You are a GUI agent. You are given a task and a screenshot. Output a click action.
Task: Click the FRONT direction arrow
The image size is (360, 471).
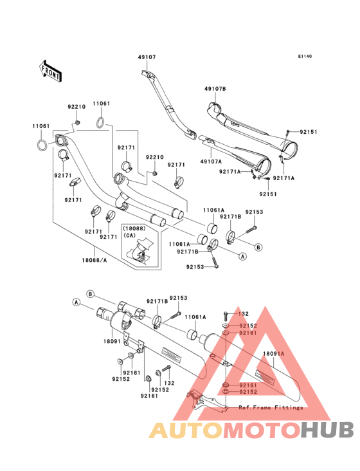coord(50,71)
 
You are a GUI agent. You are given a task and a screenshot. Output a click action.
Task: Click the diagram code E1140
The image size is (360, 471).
coord(305,57)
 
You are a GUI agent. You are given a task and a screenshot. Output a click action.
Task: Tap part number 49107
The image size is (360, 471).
coord(147,57)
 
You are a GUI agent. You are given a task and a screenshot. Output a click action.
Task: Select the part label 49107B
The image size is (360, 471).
coord(215,89)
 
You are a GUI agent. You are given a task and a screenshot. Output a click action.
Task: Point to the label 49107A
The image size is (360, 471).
coord(211,162)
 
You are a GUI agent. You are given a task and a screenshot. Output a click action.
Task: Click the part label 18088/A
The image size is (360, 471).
coord(94,261)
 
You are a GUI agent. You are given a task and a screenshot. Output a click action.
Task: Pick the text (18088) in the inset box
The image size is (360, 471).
coord(134,228)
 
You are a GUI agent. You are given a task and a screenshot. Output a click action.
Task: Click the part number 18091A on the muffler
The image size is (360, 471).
coord(274,354)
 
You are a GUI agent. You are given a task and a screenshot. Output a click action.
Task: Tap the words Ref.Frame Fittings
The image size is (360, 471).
coord(271,407)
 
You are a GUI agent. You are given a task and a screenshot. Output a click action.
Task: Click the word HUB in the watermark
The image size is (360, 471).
coord(327,430)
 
